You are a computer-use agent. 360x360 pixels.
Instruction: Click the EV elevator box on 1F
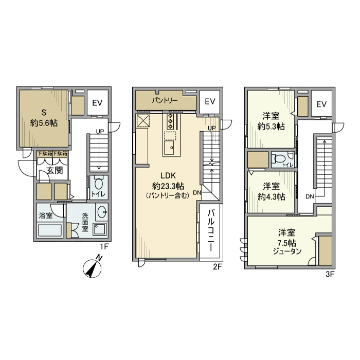click(x=97, y=103)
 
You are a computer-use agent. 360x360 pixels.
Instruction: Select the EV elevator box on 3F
click(x=321, y=104)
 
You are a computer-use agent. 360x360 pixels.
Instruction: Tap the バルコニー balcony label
click(x=211, y=229)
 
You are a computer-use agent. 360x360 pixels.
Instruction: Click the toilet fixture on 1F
click(x=99, y=184)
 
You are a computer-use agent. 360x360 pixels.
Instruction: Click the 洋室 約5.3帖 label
click(x=271, y=122)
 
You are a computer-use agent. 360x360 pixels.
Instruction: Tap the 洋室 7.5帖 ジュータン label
click(x=287, y=240)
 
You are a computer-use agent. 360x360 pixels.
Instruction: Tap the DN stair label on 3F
click(x=310, y=197)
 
